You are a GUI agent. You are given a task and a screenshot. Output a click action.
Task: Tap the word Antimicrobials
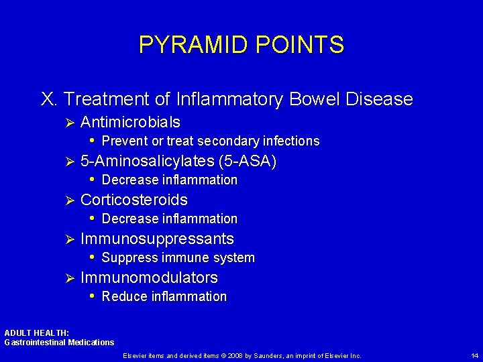coord(130,123)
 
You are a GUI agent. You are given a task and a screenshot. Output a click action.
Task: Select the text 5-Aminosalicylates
coord(147,162)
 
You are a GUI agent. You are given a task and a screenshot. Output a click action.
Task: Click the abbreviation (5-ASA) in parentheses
coord(248,162)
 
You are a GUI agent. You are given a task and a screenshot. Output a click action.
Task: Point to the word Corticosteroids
coord(133,200)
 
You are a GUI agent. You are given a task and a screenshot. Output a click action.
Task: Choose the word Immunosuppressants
coord(157,239)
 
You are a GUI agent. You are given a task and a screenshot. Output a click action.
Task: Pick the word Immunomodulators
coord(149,278)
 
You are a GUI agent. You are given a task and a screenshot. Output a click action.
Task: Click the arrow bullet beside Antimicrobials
coord(66,123)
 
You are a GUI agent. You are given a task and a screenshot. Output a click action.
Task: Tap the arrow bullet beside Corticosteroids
coord(66,200)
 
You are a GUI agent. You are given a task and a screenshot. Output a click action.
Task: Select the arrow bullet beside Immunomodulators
coord(66,278)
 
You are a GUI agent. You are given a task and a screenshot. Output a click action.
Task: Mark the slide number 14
coord(474,355)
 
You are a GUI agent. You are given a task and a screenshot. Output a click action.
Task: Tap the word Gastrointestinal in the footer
coord(31,343)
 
